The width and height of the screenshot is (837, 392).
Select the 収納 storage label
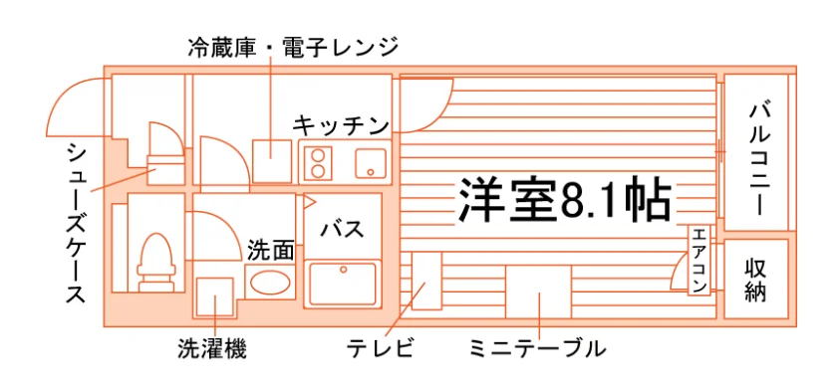pos(755,279)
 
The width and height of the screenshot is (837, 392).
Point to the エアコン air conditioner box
pos(699,260)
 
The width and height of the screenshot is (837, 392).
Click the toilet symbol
pos(155,262)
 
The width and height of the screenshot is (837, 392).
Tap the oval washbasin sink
pos(271,283)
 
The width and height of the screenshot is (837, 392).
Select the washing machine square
pos(214,296)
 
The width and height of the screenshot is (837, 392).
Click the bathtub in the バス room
pos(343,284)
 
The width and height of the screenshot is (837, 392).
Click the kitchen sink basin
pos(371,162)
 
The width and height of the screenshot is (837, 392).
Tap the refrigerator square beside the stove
pos(272,161)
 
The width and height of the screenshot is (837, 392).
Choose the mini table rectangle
pos(538,292)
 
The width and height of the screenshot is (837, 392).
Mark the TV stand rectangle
pos(426,281)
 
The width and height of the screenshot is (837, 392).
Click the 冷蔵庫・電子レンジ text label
pos(293,48)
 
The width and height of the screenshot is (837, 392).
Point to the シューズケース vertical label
pos(77,223)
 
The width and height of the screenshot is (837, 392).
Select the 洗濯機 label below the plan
pos(212,349)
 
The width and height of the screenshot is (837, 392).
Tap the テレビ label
pos(380,349)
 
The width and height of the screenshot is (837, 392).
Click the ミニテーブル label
pos(538,349)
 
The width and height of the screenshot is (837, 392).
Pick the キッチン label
pos(341,126)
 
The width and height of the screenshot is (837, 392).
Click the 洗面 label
pos(271,250)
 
